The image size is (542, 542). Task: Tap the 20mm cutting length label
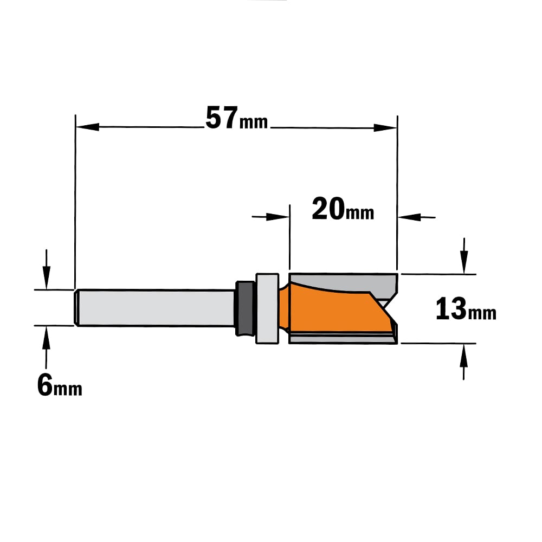pyautogui.click(x=343, y=209)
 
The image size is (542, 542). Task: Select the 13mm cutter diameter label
pyautogui.click(x=466, y=309)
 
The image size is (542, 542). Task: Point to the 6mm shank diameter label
pyautogui.click(x=60, y=386)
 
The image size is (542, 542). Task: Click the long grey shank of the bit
pyautogui.click(x=156, y=308)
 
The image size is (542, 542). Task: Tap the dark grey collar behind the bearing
pyautogui.click(x=245, y=308)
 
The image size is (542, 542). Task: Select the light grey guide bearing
pyautogui.click(x=267, y=308)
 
